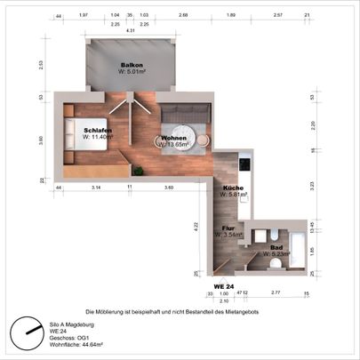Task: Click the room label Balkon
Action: pos(132,66)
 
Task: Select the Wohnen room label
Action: pos(173,138)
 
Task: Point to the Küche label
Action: pos(234,188)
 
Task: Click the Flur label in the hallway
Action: pos(228,228)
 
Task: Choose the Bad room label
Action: pos(276,246)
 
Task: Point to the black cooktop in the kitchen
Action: pos(245,163)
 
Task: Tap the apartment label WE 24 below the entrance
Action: pos(223,286)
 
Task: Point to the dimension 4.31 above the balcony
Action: pos(131,32)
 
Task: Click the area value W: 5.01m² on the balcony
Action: pos(132,74)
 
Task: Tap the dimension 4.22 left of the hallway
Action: pos(196,226)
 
